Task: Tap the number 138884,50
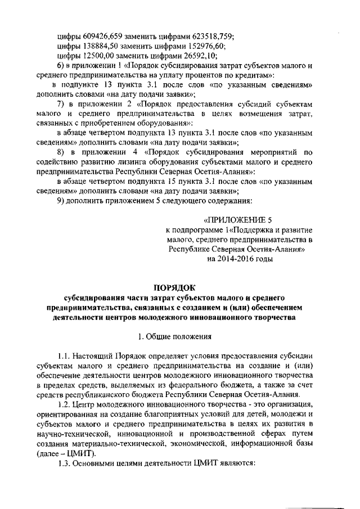[x=101, y=45]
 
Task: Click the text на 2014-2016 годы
[x=239, y=259]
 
